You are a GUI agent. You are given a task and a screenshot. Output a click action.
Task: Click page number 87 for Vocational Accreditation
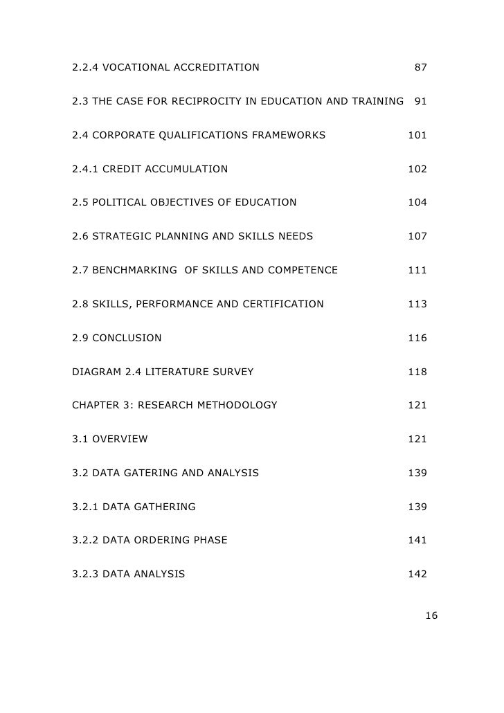click(420, 68)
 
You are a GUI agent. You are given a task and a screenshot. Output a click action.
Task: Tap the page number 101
click(417, 136)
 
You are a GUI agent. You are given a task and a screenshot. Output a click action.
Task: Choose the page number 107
click(417, 237)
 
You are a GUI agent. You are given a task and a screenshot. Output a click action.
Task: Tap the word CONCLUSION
click(127, 339)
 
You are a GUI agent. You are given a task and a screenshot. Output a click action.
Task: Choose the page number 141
click(417, 541)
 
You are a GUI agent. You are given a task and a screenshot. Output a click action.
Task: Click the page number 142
click(417, 574)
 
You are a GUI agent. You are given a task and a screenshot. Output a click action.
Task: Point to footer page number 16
click(432, 616)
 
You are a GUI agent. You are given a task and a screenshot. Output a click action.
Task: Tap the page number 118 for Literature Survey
click(417, 372)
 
